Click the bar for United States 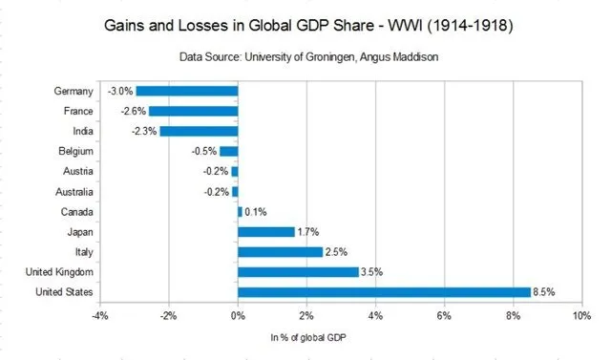384,291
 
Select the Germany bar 186,91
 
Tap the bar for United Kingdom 298,271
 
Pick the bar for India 199,131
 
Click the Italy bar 281,251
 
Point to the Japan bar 266,231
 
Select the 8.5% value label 544,292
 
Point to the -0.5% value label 204,152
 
